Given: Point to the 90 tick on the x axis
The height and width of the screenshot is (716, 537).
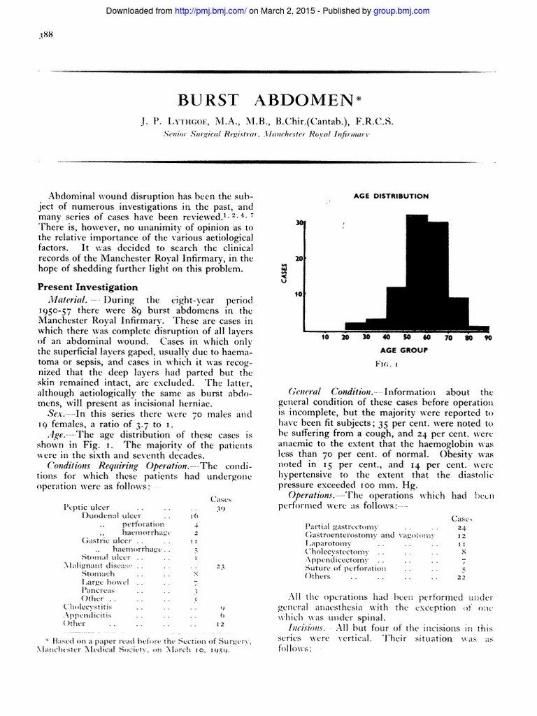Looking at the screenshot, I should pyautogui.click(x=488, y=338).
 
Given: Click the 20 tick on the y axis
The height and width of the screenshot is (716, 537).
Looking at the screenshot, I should pyautogui.click(x=299, y=259).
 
